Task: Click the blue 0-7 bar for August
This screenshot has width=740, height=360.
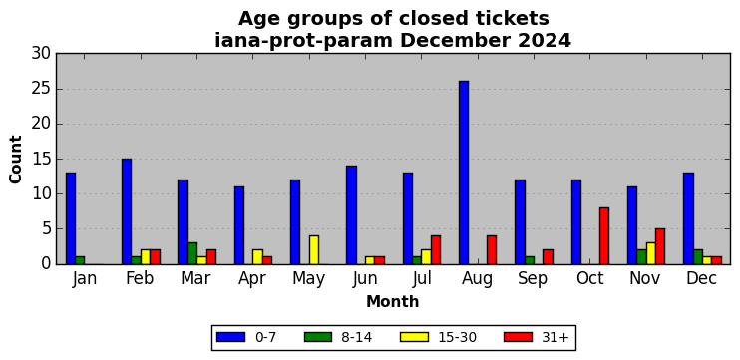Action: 464,173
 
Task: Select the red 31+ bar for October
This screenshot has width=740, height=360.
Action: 604,236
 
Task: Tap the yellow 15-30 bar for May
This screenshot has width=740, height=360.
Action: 314,250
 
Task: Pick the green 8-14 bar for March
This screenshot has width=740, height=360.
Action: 192,253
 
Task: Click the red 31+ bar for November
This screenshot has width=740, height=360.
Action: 660,246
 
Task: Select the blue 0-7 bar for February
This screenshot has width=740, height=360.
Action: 127,211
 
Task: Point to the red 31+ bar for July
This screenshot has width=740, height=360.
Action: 436,250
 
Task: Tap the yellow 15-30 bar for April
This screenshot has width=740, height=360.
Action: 257,257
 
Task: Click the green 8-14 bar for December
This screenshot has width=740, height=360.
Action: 698,257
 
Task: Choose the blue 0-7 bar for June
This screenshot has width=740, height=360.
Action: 351,215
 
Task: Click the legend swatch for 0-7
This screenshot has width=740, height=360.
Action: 230,337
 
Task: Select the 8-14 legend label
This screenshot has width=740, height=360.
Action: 356,337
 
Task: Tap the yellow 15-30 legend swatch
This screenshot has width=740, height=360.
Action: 414,337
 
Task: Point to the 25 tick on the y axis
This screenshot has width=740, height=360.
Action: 57,89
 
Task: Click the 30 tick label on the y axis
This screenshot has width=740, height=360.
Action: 41,54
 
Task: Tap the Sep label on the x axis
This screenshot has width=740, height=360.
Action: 533,279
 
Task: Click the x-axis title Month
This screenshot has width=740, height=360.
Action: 393,301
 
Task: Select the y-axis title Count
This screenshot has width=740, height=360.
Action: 16,159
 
